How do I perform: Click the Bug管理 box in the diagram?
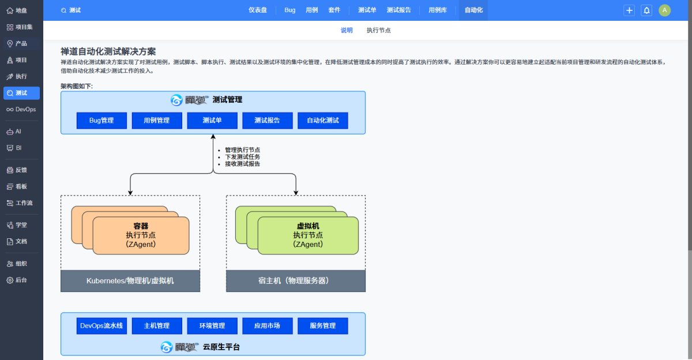tap(101, 121)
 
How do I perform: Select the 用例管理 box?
tap(157, 121)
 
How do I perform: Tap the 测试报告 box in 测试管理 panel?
tap(267, 121)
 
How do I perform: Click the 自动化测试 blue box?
tap(323, 121)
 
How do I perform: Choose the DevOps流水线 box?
tap(101, 326)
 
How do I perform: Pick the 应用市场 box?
tap(267, 326)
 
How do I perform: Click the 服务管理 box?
tap(323, 326)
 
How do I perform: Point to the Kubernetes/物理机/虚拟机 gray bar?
tap(130, 281)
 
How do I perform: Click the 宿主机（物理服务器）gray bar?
tap(296, 281)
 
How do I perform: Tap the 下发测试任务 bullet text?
tap(242, 157)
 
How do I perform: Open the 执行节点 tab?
tap(379, 31)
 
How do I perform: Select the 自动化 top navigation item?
tap(473, 10)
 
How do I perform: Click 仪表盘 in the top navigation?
tap(258, 10)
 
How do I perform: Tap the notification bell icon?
tap(646, 10)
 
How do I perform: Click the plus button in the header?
tap(629, 10)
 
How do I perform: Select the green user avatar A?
tap(665, 10)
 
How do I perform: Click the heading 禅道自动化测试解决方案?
tap(108, 51)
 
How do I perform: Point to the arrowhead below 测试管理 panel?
tap(213, 137)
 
